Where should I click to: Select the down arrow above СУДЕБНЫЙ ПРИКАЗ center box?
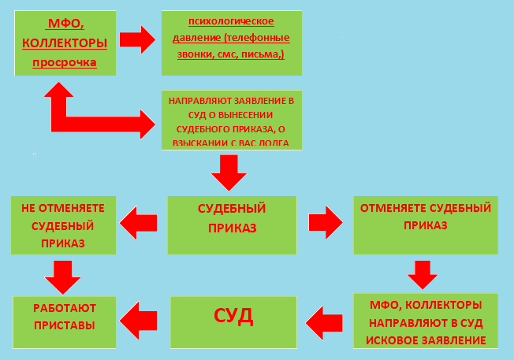click(x=229, y=173)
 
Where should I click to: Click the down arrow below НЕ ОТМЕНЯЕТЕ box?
click(x=62, y=275)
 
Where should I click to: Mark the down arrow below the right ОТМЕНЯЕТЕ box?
click(x=422, y=274)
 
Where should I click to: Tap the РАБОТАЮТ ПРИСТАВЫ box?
click(x=63, y=317)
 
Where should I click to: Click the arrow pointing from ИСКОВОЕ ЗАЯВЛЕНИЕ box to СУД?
click(x=324, y=321)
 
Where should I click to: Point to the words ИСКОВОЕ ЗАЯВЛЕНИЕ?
click(x=425, y=341)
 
